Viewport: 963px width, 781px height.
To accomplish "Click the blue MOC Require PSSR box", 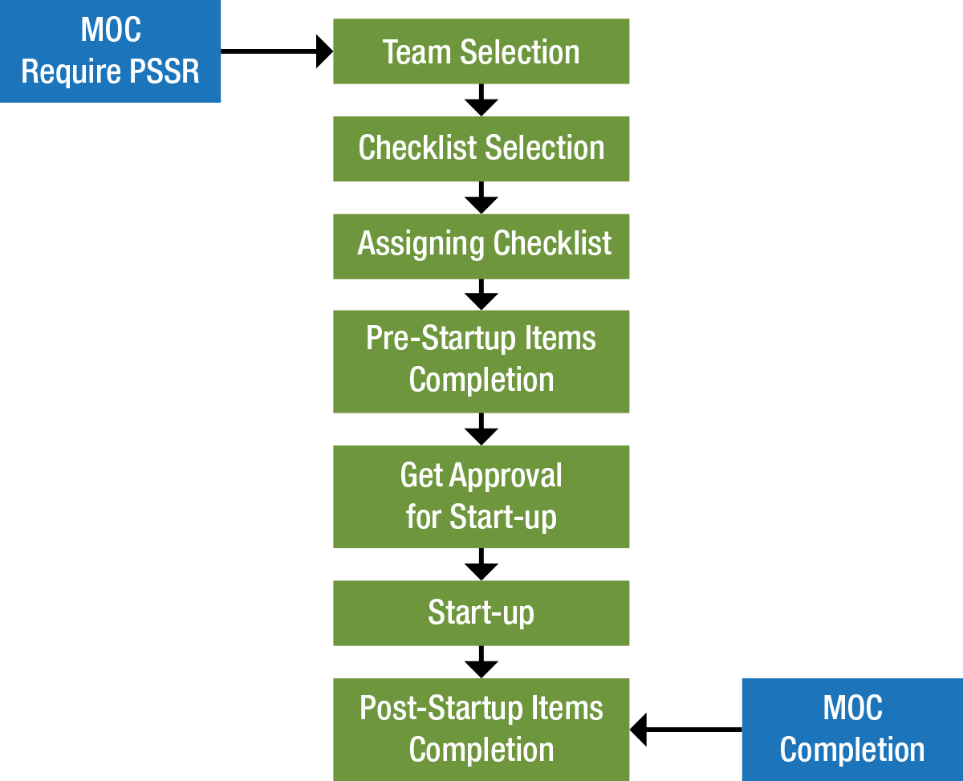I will click(x=110, y=51).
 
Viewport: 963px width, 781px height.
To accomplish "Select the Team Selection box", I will click(x=481, y=52).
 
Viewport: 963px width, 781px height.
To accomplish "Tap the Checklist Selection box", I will click(x=481, y=148).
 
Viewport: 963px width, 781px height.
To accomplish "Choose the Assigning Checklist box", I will click(x=481, y=245).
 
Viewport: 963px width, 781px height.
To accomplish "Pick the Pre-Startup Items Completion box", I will click(x=481, y=360).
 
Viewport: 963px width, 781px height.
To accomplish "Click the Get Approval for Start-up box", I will click(x=481, y=496).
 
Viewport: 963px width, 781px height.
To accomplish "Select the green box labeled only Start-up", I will click(x=481, y=613).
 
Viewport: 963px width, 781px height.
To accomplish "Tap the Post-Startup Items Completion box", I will click(x=481, y=729).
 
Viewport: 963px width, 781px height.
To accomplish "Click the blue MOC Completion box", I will click(x=851, y=729).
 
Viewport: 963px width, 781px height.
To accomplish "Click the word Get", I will click(x=421, y=476).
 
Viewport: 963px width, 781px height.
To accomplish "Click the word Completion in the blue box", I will click(x=851, y=750).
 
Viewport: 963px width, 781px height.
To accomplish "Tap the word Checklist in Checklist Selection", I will click(x=416, y=148).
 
